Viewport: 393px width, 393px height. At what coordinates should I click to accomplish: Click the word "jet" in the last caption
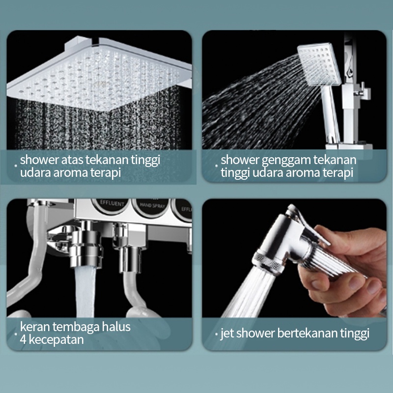click(227, 334)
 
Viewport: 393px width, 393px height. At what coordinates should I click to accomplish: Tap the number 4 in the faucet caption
click(23, 340)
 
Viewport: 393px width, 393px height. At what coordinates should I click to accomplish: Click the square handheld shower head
click(319, 64)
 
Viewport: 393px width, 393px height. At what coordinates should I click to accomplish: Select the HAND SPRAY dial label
click(152, 206)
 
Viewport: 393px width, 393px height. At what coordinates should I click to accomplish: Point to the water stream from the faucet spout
click(85, 292)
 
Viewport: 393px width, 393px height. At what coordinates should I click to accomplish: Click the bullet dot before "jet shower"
click(217, 334)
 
